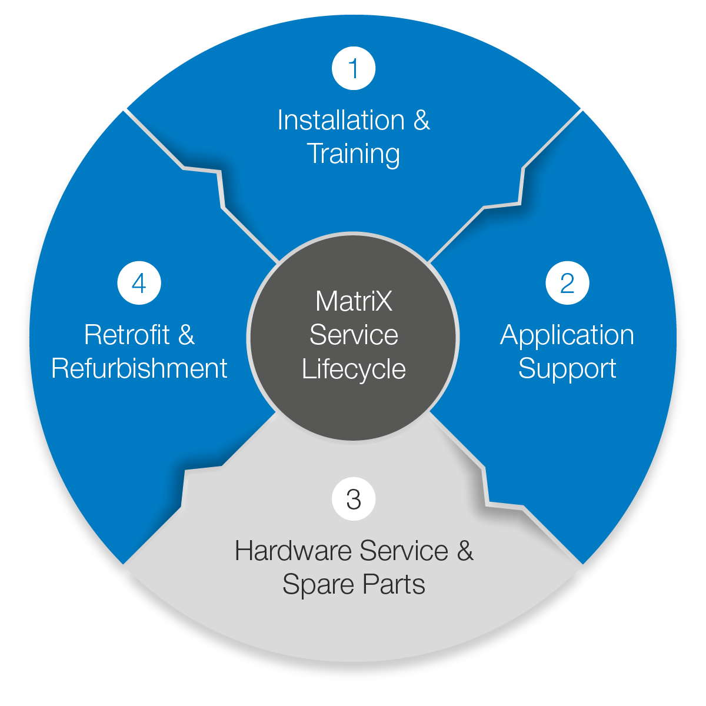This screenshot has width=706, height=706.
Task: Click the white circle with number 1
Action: [354, 68]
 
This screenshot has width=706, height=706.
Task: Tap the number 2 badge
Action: [567, 283]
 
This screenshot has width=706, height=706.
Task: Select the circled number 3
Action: [354, 499]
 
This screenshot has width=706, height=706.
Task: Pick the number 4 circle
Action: [139, 283]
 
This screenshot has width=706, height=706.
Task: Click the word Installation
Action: [341, 121]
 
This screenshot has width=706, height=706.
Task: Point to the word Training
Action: [354, 154]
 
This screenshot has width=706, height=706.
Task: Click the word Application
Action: [567, 336]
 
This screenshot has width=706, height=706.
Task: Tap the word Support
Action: [567, 369]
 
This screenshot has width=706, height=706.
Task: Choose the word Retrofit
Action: [126, 335]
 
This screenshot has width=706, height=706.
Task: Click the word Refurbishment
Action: [139, 369]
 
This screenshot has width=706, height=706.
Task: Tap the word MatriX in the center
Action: [354, 302]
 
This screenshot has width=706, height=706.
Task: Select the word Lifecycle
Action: [354, 369]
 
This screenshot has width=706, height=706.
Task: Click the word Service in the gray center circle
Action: [354, 335]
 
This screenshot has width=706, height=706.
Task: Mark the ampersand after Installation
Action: [421, 121]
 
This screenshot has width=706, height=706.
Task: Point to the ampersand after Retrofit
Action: [186, 335]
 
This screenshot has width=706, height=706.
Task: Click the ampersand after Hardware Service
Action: [465, 551]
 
